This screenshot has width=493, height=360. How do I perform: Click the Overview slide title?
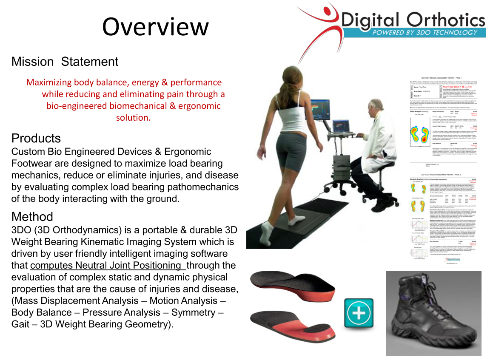pyautogui.click(x=155, y=26)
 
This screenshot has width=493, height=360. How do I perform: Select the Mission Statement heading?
pyautogui.click(x=65, y=62)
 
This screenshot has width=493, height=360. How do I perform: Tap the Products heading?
pyautogui.click(x=36, y=138)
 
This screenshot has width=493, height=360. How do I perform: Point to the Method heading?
pyautogui.click(x=32, y=216)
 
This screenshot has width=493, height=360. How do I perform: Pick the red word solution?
pyautogui.click(x=133, y=117)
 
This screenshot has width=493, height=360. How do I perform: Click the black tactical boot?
pyautogui.click(x=433, y=312)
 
